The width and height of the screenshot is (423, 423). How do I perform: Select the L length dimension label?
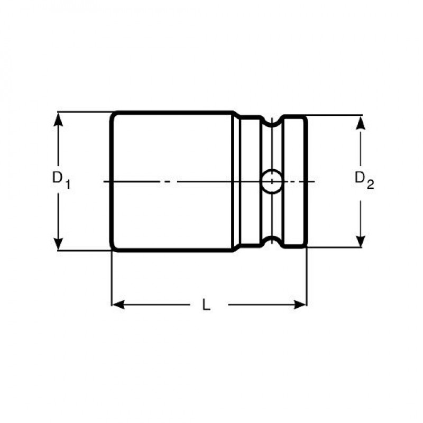coord(206,305)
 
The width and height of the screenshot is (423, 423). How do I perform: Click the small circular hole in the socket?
coord(271,181)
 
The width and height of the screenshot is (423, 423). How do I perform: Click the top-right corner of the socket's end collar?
coord(305,117)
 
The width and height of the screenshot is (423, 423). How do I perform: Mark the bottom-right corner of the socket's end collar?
coord(305,246)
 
